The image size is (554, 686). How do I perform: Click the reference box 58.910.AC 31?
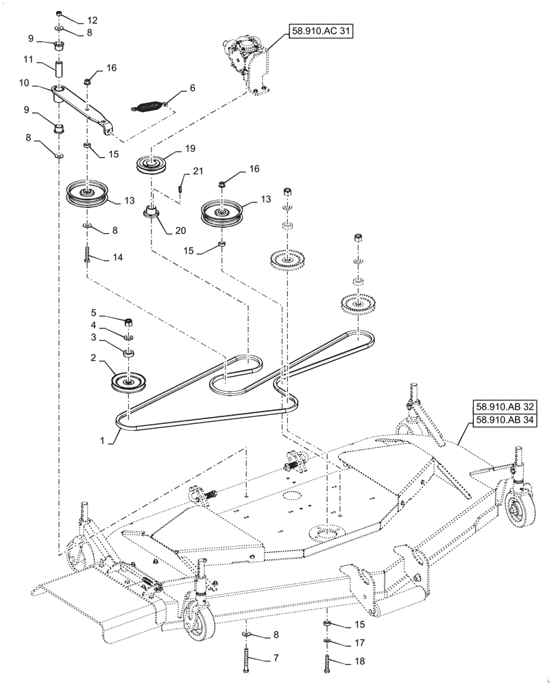pos(318,32)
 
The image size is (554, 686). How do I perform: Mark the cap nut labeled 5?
pos(128,321)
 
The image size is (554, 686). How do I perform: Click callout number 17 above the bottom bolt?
pos(361,644)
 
